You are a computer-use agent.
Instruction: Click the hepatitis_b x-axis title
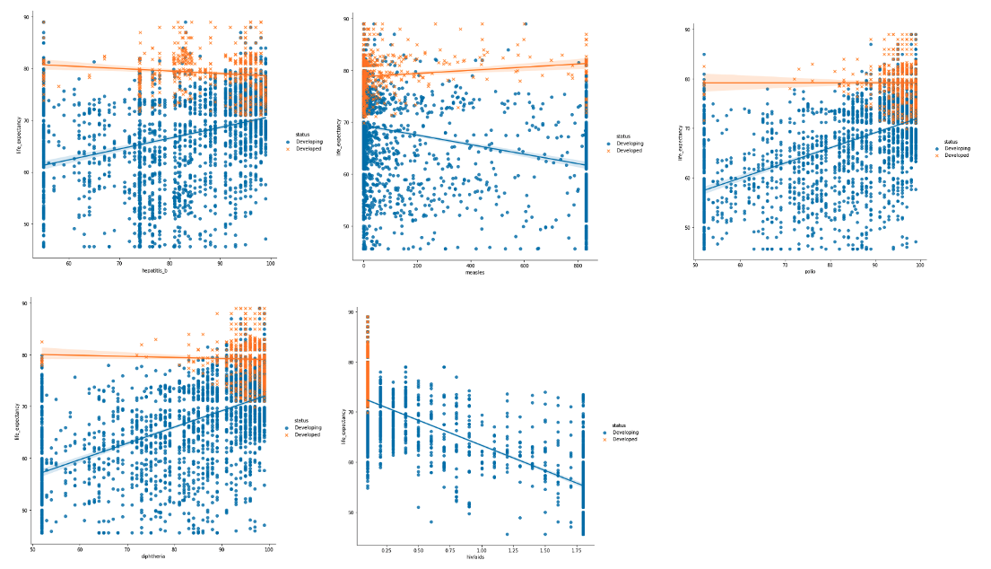pos(154,270)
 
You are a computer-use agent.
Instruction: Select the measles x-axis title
pos(474,274)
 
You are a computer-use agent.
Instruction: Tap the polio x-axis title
pos(810,271)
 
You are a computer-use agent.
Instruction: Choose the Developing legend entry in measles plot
pos(624,144)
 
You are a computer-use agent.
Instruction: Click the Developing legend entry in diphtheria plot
pos(310,428)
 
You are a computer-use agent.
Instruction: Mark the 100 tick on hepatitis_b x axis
pos(270,263)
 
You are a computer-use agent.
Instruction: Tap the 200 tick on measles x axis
pos(417,267)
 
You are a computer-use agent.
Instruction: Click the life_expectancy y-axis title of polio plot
pos(680,143)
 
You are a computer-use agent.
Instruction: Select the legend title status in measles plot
pos(617,136)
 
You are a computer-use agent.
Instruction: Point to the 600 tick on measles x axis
pos(524,267)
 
